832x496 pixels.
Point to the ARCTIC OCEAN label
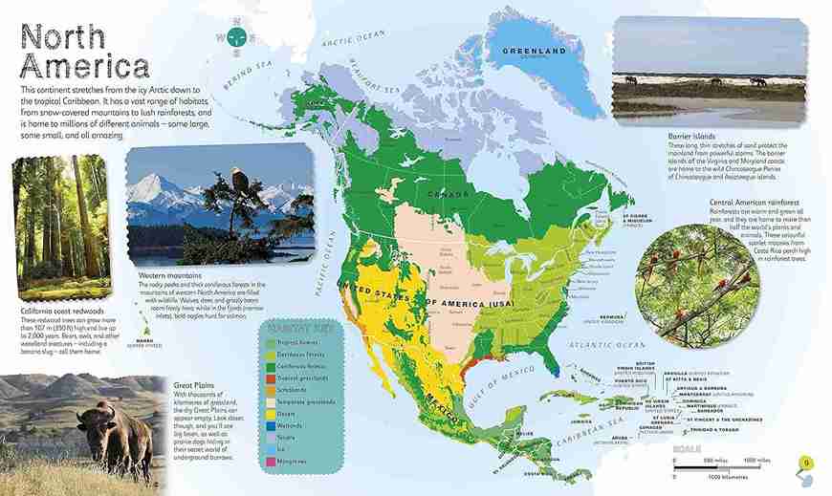point(353,40)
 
